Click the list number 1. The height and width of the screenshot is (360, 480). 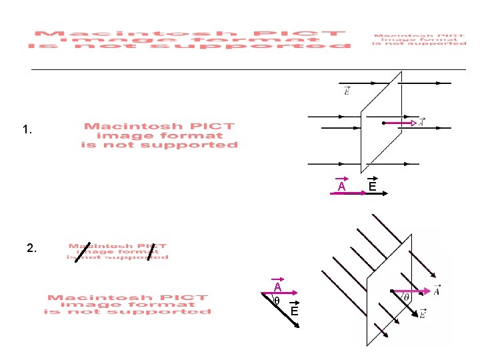click(27, 131)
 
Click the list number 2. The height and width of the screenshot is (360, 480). click(32, 249)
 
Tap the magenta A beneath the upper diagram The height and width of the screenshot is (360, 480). click(341, 187)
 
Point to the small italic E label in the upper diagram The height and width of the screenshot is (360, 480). click(347, 91)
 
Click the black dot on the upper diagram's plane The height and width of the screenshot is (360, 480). click(383, 123)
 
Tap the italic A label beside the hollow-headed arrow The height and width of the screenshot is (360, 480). click(421, 122)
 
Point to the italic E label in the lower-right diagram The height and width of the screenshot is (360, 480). click(422, 314)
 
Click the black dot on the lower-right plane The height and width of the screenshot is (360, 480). click(390, 291)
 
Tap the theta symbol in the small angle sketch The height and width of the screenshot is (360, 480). click(276, 301)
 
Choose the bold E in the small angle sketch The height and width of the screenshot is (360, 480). click(293, 311)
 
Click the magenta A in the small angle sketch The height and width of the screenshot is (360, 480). click(277, 287)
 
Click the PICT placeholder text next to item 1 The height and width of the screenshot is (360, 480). click(159, 135)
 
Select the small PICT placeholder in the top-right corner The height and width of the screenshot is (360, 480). click(419, 39)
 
